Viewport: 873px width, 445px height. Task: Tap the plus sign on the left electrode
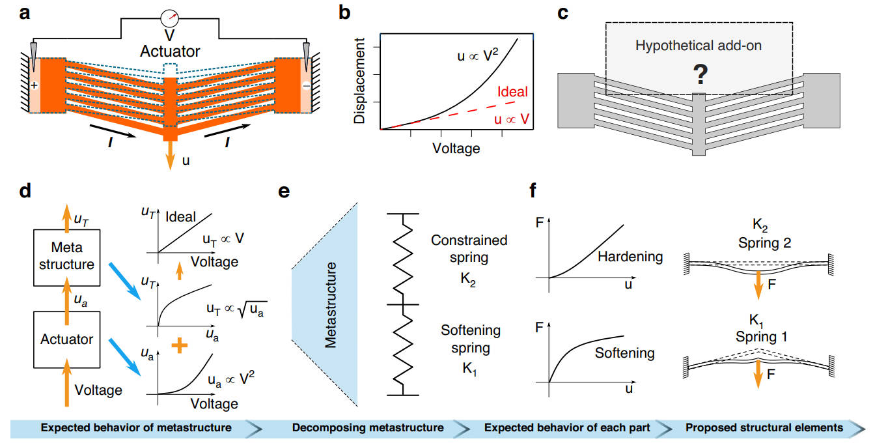(x=35, y=85)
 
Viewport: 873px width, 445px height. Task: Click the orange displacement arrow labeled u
(x=171, y=157)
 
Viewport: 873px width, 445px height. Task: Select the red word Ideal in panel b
(x=513, y=93)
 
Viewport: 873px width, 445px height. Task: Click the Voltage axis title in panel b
(x=456, y=149)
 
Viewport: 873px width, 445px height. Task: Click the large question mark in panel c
(x=699, y=76)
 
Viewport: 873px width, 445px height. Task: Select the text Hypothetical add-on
(x=700, y=46)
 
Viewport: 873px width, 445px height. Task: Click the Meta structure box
(x=66, y=255)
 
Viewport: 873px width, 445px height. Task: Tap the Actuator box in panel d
(x=66, y=339)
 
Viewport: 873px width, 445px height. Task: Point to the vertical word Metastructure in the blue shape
(x=332, y=304)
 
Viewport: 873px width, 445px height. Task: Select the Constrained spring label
(x=469, y=248)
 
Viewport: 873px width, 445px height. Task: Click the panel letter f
(x=534, y=193)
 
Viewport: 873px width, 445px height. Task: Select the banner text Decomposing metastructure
(x=368, y=427)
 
